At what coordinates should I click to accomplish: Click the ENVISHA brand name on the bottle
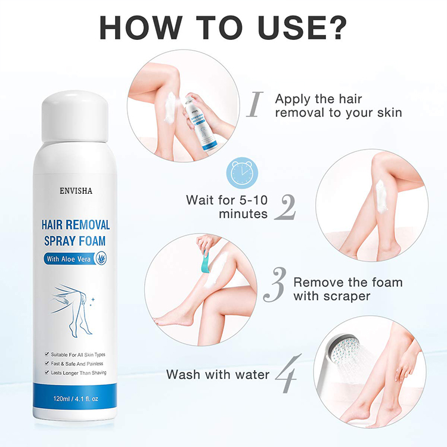pos(75,191)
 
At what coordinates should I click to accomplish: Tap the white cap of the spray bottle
pos(76,117)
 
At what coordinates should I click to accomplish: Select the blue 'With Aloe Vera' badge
pos(76,259)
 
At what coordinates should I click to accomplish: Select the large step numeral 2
pos(285,207)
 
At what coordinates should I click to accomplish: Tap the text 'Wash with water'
pos(218,374)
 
